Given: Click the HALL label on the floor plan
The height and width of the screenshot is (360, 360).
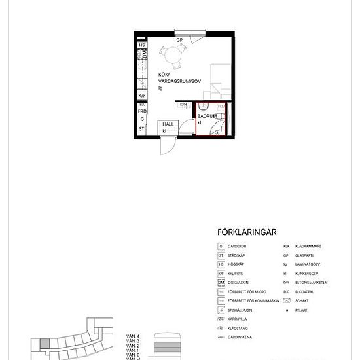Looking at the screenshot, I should pos(168,125).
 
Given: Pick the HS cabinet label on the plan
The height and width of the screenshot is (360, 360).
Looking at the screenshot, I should pos(141,45).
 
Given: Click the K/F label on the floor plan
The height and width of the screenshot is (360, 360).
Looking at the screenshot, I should pos(141,95).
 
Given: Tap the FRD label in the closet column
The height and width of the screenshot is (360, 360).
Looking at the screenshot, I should pos(141,112).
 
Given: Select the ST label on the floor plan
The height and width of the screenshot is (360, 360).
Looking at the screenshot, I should pos(141,129).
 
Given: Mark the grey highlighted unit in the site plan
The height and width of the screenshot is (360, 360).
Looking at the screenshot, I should pos(43,345).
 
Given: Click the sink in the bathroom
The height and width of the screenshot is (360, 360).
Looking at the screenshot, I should pos(204,107).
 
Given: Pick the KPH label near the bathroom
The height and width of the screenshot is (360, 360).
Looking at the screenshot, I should pos(184,103).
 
